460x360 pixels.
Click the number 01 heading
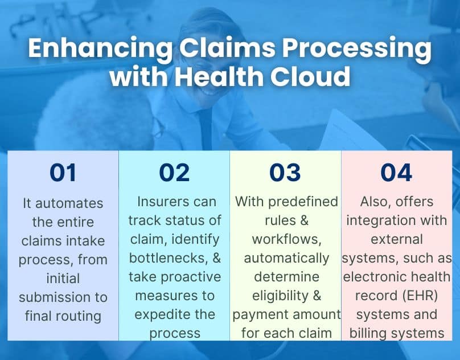pos(63,173)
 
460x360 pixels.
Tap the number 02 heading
pos(174,173)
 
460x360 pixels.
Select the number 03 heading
pos(285,173)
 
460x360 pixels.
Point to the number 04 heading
pos(396,173)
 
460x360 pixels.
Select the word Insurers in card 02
pos(162,202)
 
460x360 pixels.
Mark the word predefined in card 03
pos(306,202)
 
